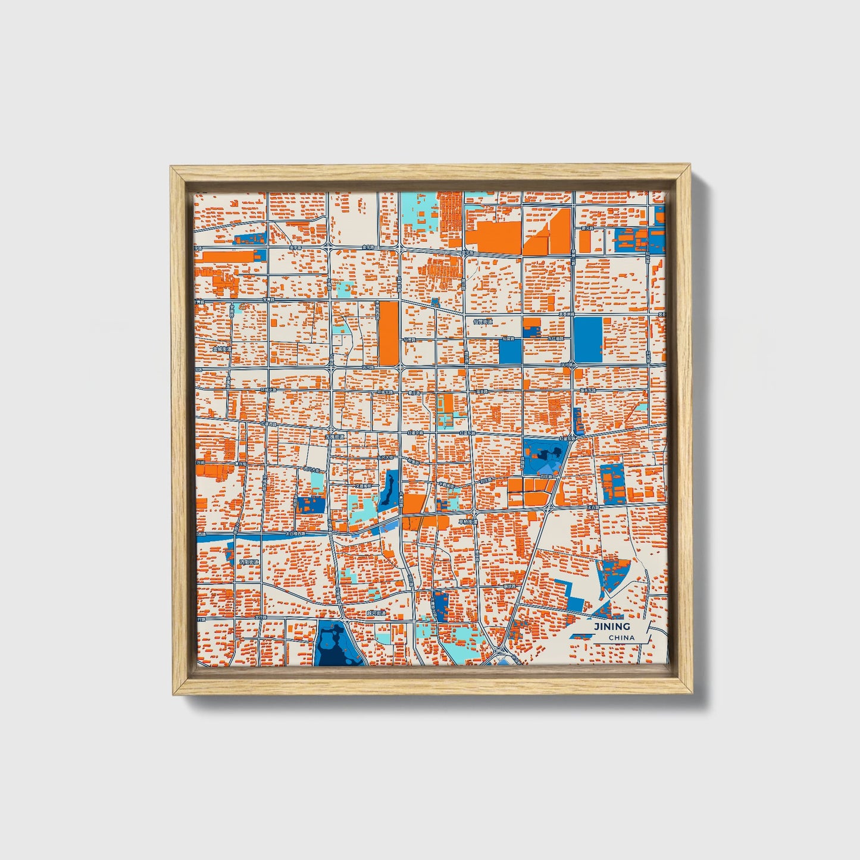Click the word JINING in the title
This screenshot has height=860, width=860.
611,626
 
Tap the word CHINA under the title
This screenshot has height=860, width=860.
621,637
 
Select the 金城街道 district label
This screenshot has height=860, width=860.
221,349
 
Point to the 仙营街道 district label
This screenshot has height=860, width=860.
483,322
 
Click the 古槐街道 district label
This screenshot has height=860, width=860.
335,437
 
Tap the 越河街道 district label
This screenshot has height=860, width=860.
376,612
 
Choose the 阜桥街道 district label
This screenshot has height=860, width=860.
468,522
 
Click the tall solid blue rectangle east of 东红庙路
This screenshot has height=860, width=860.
588,339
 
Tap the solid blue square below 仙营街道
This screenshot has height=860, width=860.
510,351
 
